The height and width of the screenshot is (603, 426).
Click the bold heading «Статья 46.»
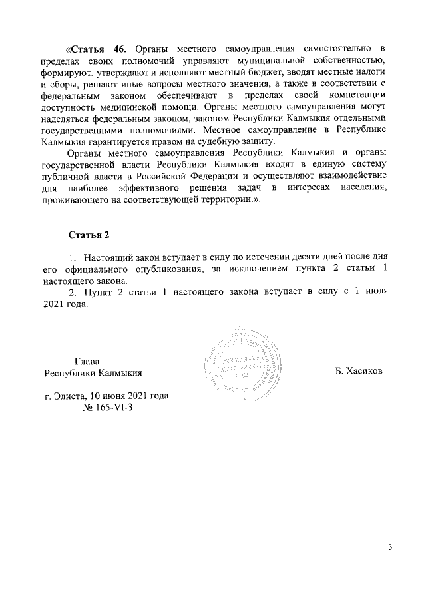point(96,49)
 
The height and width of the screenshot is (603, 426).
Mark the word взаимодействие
point(347,175)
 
